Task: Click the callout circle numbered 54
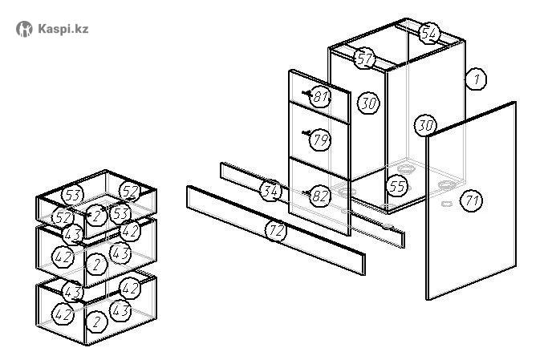coord(430,33)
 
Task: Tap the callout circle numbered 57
coord(365,59)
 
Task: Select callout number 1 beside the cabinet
coord(477,79)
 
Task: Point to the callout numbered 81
coord(321,98)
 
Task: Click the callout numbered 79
coord(321,140)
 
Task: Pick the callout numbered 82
coord(319,196)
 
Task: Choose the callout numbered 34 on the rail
coord(271,191)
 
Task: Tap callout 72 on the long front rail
coord(276,231)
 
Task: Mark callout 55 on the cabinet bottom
coord(396,186)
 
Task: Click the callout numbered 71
coord(472,200)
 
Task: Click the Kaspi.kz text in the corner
coord(63,29)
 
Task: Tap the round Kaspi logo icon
coord(25,29)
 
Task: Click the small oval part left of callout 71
coord(447,203)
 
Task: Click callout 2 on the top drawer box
coord(97,216)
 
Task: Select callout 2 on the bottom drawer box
coord(97,321)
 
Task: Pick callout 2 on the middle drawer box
coord(97,263)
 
